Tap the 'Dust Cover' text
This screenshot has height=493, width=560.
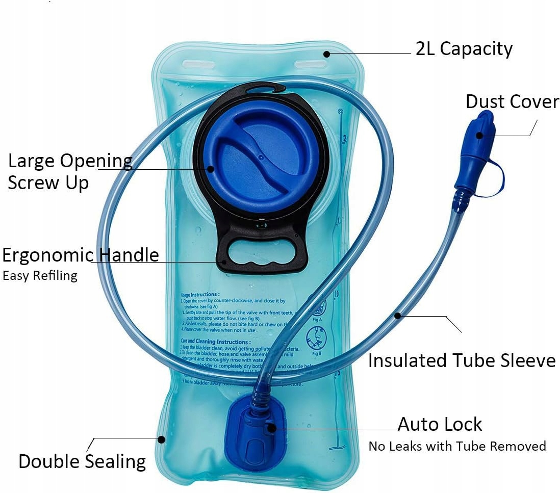pos(512,102)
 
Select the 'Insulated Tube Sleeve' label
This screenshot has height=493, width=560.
pos(462,360)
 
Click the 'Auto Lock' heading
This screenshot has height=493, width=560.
pos(440,424)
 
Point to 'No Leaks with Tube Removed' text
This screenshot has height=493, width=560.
pos(457,446)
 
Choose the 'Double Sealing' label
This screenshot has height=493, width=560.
pos(82,461)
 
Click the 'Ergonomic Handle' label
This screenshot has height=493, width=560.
pos(81,255)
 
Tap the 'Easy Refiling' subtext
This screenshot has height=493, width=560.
pos(40,276)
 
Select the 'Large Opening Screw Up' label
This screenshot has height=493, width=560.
pos(70,171)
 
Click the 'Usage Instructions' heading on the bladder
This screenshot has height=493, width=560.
pos(200,295)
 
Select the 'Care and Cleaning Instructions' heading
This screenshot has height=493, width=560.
pos(215,342)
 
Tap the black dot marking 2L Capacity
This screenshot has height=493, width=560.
pos(326,53)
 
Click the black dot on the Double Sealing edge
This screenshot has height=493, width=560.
pos(162,438)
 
